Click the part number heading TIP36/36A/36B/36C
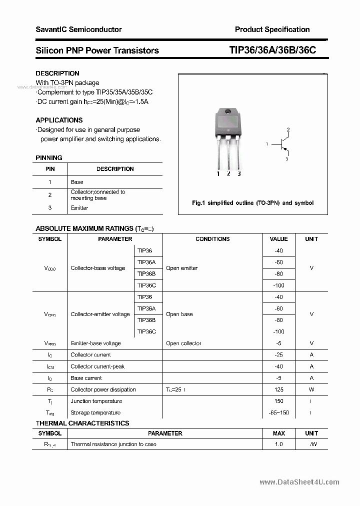(x=272, y=50)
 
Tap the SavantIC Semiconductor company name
(x=78, y=29)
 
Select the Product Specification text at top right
(x=272, y=29)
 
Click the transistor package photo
(x=228, y=138)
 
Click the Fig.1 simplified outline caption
(x=252, y=203)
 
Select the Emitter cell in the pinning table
(x=79, y=208)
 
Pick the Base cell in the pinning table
(x=77, y=182)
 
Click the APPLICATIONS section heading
(x=59, y=120)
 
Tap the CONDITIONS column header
(x=212, y=239)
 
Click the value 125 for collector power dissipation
(x=278, y=389)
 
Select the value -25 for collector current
(x=278, y=354)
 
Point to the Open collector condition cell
(x=183, y=343)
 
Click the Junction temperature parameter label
(x=96, y=401)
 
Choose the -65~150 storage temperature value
(x=278, y=412)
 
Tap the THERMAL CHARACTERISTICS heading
(x=82, y=423)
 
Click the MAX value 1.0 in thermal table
(x=278, y=444)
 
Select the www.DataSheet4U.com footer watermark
(x=299, y=482)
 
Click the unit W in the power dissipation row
(x=311, y=389)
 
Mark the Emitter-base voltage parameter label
(x=95, y=343)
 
